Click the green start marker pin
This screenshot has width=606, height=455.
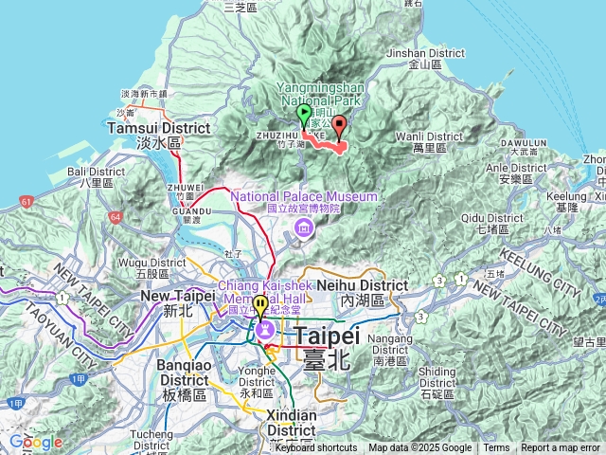(304, 116)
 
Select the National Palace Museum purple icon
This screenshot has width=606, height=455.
(302, 227)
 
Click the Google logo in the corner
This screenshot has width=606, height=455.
(35, 442)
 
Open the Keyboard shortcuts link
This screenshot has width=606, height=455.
(316, 448)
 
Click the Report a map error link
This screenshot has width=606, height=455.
(561, 448)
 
